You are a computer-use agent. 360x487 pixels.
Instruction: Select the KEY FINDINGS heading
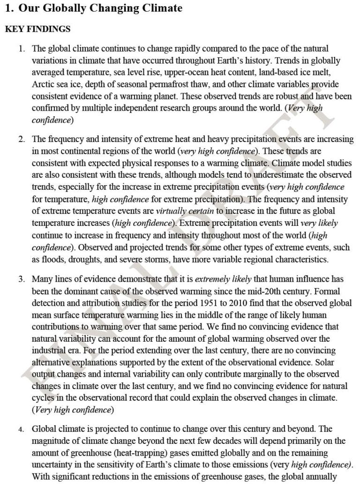click(37, 30)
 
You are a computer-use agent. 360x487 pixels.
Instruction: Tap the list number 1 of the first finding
click(21, 49)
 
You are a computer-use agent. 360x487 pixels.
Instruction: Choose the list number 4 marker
click(22, 429)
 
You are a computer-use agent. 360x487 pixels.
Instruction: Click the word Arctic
click(44, 84)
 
